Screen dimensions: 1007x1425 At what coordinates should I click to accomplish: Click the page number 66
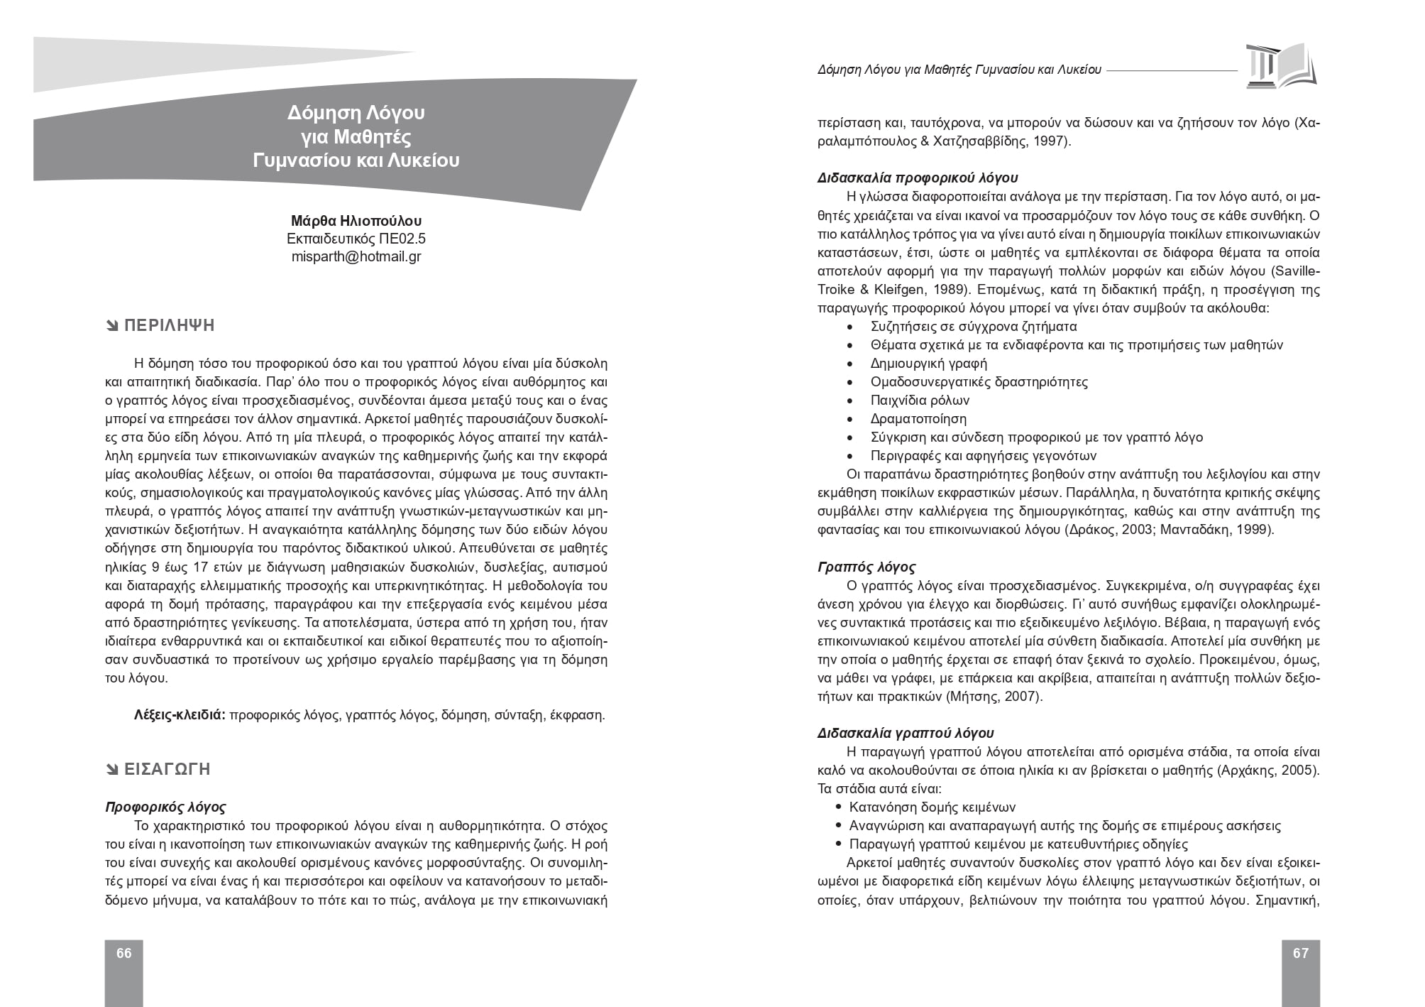(x=124, y=953)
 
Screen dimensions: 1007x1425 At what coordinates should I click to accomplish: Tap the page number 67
(x=1300, y=953)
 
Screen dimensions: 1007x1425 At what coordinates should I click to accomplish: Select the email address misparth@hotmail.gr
(x=356, y=256)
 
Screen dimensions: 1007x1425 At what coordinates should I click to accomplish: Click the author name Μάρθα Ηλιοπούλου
(x=356, y=221)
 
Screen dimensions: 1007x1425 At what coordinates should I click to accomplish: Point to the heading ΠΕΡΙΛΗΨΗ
(x=169, y=326)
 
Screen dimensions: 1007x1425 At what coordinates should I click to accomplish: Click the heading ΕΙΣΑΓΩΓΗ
(x=167, y=769)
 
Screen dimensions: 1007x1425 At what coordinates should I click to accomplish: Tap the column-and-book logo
(x=1280, y=65)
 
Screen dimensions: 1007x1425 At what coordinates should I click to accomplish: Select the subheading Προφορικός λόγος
(x=165, y=807)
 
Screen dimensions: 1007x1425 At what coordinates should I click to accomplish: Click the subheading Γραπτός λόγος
(x=866, y=567)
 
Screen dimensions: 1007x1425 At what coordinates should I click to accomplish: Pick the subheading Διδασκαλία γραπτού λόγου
(x=906, y=733)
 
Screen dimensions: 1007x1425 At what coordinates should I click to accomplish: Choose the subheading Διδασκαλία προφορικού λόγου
(x=918, y=178)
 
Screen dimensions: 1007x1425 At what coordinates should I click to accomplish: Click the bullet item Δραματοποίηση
(x=918, y=419)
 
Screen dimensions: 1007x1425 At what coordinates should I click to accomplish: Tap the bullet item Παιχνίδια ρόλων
(x=920, y=401)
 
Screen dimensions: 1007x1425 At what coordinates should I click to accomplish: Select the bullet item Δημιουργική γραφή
(x=929, y=364)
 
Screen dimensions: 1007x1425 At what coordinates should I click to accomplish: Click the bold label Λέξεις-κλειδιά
(x=180, y=715)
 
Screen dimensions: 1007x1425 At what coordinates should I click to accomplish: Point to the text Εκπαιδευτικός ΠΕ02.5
(x=356, y=239)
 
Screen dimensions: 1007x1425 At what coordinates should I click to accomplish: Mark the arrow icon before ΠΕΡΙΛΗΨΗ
(x=112, y=327)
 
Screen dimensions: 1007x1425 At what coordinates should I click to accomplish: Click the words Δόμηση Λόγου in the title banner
(x=356, y=113)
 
